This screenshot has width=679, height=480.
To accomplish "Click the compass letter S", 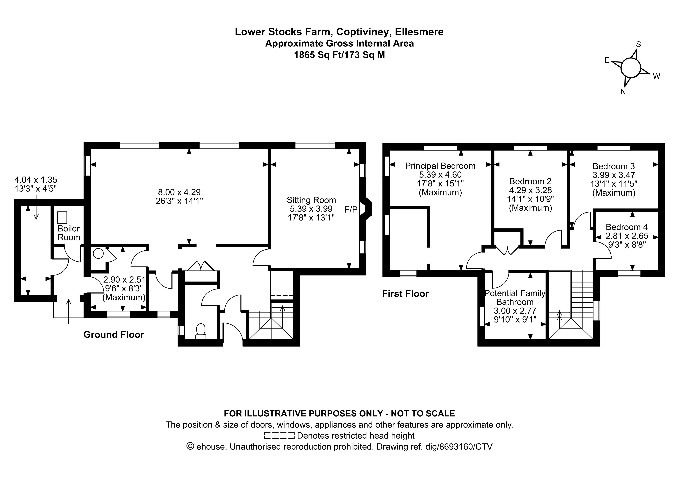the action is click(638, 44).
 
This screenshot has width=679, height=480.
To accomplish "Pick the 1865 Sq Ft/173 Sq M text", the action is click(339, 55).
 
